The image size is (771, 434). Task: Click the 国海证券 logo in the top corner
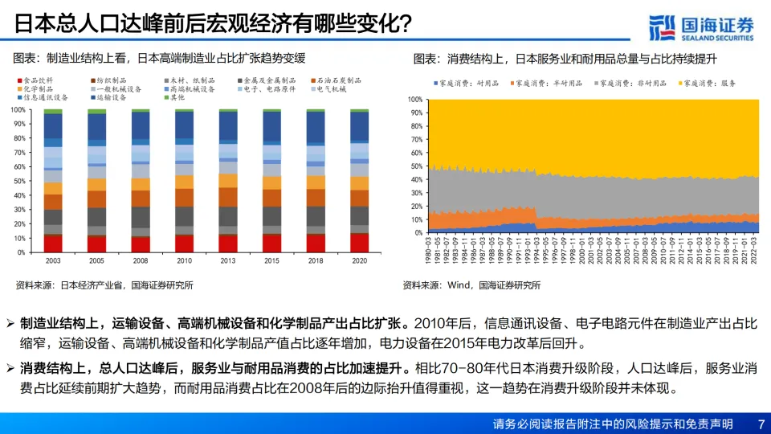(x=701, y=27)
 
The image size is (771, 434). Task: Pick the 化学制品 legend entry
(x=38, y=89)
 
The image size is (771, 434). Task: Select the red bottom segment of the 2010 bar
(x=185, y=243)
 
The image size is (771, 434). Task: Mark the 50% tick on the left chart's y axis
(x=17, y=181)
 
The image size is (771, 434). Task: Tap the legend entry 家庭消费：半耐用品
(x=549, y=83)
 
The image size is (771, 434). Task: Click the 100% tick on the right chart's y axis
(x=415, y=100)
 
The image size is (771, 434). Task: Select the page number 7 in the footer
(x=761, y=424)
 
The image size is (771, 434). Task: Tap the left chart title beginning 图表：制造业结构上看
(x=160, y=58)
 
